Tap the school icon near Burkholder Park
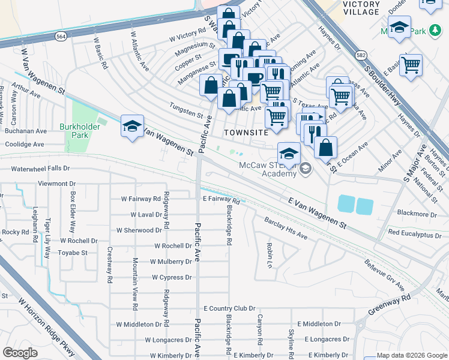click(132, 126)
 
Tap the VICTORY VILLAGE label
click(361, 8)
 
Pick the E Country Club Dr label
click(229, 308)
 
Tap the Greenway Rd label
click(389, 305)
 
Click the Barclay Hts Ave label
click(286, 228)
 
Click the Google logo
click(20, 353)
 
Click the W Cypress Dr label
click(172, 277)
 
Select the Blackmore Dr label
click(417, 214)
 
